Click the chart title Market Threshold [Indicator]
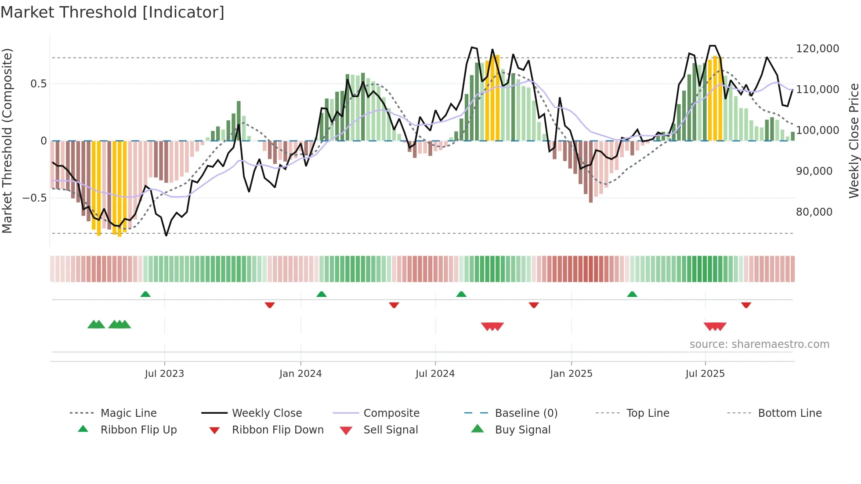[x=112, y=12]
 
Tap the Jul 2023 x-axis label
[x=164, y=373]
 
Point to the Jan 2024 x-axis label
[x=300, y=373]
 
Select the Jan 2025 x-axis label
[x=571, y=373]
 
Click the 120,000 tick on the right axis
[x=817, y=48]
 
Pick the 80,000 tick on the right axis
[x=814, y=212]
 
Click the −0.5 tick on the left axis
[x=34, y=198]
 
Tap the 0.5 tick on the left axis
[x=38, y=83]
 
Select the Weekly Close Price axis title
[x=854, y=141]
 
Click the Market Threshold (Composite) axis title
[x=7, y=141]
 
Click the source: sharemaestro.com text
[x=759, y=344]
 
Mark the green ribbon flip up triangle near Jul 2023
[x=145, y=294]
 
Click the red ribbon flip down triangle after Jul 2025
[x=746, y=305]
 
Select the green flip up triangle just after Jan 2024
[x=322, y=294]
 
